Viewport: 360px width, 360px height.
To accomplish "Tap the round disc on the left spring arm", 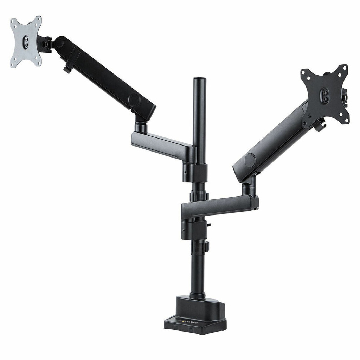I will (x=134, y=100).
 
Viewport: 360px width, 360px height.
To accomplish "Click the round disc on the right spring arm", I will (x=250, y=160).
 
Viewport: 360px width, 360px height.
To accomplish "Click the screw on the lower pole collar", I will (x=184, y=230).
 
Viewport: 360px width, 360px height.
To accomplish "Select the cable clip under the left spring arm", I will (x=67, y=69).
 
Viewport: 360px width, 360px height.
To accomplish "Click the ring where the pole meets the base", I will (x=197, y=296).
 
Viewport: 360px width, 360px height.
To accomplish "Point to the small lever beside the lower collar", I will (x=207, y=246).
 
